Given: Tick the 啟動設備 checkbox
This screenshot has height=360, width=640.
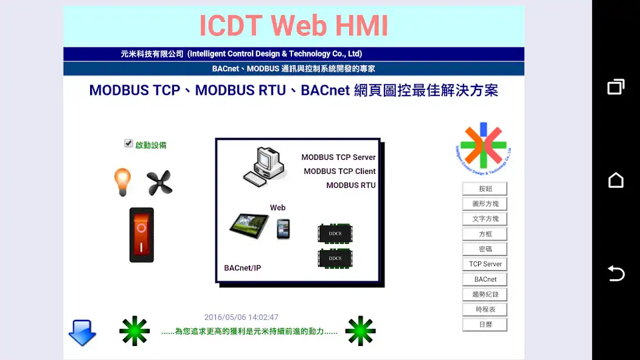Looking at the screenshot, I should tap(128, 144).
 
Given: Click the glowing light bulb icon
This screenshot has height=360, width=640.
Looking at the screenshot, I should tap(122, 182).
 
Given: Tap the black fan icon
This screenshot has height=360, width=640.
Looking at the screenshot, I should tap(159, 182).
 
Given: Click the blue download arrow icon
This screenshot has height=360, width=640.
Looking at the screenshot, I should tap(82, 333).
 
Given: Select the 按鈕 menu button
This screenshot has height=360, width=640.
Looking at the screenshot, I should tap(485, 189).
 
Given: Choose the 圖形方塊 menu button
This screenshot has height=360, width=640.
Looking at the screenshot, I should tap(485, 204).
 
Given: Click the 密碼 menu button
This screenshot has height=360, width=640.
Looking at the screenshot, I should tap(485, 249).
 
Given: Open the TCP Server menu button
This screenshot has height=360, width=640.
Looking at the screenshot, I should tap(485, 264).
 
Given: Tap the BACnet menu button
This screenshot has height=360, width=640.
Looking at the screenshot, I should tap(485, 279).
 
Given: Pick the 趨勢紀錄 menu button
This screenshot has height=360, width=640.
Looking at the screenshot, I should tap(485, 294).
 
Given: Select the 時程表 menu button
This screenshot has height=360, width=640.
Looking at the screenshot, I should tap(485, 310).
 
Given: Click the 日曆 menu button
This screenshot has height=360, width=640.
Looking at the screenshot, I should tap(485, 325).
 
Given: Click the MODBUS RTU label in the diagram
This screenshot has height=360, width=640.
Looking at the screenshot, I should tap(351, 185).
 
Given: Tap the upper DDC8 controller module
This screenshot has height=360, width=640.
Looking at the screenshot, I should tap(335, 234).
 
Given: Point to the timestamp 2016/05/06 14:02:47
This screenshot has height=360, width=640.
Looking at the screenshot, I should tap(242, 317).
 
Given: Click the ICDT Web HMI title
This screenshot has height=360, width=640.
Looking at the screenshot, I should tap(294, 26).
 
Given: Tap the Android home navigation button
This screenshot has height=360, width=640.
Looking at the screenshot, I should tap(616, 180).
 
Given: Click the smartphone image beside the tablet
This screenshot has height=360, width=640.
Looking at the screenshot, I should tap(283, 229).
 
